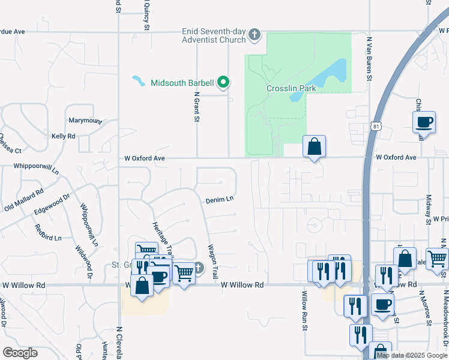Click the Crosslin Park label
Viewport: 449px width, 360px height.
pos(291,88)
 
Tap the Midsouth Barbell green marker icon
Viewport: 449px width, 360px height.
pos(224,82)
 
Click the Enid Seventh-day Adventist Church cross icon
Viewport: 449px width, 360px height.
pos(255,34)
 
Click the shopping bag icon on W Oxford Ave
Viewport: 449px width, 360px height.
pos(314,146)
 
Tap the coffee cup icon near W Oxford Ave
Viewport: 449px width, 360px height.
pos(424,122)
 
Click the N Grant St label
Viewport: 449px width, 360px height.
pos(196,107)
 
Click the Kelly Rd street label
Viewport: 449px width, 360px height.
pos(63,137)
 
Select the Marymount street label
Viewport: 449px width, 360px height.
pos(85,121)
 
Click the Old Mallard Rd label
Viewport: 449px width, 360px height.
pos(24,200)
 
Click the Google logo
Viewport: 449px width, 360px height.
pos(20,353)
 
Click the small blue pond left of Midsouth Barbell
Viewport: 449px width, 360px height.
pos(138,80)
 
